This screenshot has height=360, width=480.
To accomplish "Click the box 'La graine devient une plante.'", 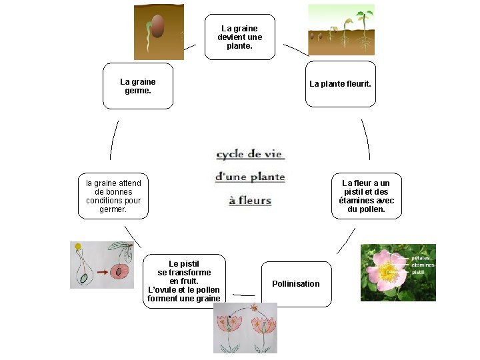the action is [240, 37].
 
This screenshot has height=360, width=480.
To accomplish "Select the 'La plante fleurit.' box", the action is [340, 84].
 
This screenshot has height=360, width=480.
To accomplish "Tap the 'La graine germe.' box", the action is [138, 86].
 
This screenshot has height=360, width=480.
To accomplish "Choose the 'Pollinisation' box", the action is [296, 284].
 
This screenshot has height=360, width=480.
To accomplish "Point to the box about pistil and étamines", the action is [366, 196].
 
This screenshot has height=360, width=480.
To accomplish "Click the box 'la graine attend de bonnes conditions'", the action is [113, 196].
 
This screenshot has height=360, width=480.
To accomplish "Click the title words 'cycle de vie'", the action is [250, 155].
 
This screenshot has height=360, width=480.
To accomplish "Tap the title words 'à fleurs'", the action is [250, 201].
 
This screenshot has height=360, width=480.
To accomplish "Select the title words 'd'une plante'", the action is [250, 177].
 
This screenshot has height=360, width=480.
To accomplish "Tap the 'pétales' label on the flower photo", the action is [421, 258].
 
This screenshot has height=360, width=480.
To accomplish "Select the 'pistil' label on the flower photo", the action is [418, 272].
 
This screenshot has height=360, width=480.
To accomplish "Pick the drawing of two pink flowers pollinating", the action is [245, 327].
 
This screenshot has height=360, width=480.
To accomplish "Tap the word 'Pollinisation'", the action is [296, 284].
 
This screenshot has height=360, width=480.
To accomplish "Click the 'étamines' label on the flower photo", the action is [423, 265].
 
